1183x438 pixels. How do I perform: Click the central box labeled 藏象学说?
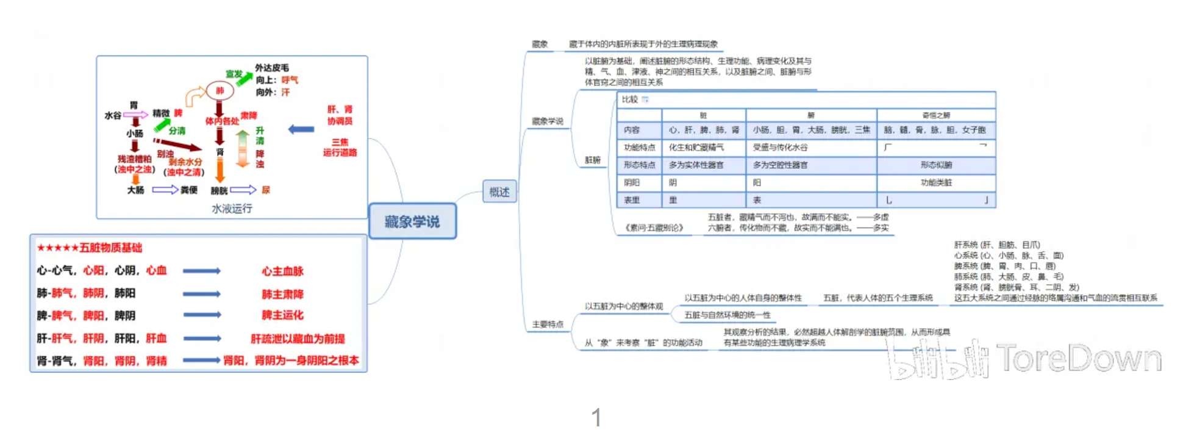click(x=412, y=221)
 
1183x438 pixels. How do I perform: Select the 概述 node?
click(x=499, y=192)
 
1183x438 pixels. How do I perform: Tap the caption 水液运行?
click(x=232, y=208)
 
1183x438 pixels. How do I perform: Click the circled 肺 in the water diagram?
click(x=220, y=90)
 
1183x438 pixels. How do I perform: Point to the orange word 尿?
click(x=266, y=190)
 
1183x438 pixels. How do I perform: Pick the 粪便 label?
click(x=189, y=190)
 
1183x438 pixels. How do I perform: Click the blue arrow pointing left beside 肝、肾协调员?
click(x=301, y=129)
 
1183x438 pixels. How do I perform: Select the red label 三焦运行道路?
click(x=340, y=147)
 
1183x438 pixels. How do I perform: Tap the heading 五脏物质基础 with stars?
click(x=90, y=247)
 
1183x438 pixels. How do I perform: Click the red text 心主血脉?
click(x=282, y=271)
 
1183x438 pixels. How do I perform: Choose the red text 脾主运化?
click(x=282, y=315)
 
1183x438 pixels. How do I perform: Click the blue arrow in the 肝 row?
click(x=202, y=338)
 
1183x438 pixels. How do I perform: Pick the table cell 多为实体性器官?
click(x=696, y=165)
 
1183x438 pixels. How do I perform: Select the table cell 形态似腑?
click(x=936, y=165)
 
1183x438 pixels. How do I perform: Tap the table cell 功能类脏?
click(x=936, y=182)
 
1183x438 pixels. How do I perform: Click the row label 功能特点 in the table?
click(x=639, y=147)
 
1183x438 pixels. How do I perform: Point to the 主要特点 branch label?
click(x=548, y=324)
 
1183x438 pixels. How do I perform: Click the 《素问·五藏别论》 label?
click(x=654, y=228)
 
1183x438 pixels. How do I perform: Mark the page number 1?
click(x=596, y=418)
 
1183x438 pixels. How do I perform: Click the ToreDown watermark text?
click(x=1079, y=358)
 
